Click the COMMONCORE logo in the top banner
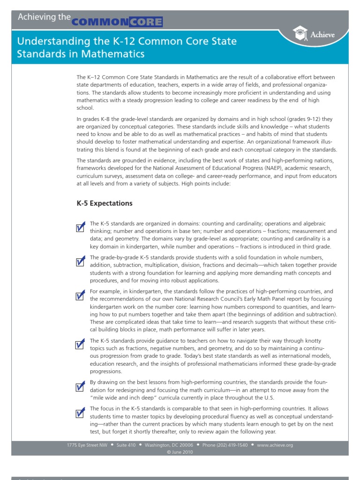117,22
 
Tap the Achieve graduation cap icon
300,33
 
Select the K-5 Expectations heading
105,203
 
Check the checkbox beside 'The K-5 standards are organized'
80,227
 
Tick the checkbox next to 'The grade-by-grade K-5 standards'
80,261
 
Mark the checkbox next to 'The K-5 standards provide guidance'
80,344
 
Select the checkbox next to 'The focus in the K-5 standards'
80,412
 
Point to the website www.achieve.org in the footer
275,445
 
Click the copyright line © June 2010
180,452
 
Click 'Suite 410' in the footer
126,445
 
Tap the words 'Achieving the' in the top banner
44,17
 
